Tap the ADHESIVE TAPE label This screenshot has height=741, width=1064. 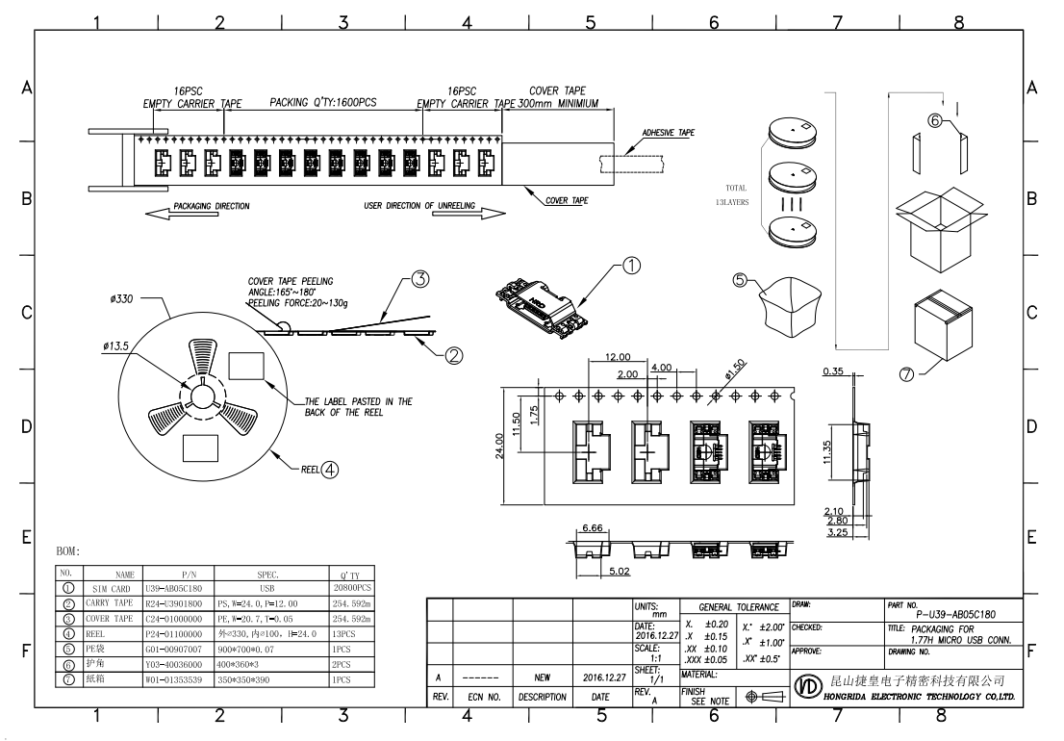[668, 133]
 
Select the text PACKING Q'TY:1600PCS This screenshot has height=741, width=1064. [322, 102]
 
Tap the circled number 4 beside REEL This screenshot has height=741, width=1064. [330, 471]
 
